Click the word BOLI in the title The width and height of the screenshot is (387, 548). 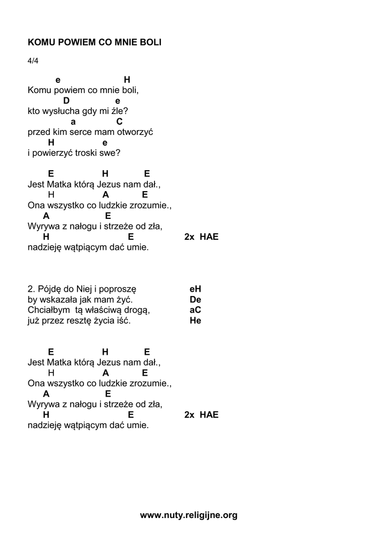pyautogui.click(x=150, y=42)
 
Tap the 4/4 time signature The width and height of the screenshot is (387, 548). pyautogui.click(x=33, y=60)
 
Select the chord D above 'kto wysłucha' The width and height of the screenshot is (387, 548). pyautogui.click(x=66, y=101)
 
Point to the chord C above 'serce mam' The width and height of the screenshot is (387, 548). pyautogui.click(x=120, y=121)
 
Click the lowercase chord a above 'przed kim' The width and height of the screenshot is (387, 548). pyautogui.click(x=73, y=121)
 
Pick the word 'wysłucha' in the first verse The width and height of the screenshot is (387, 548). pyautogui.click(x=61, y=111)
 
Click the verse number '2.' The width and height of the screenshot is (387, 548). pyautogui.click(x=32, y=289)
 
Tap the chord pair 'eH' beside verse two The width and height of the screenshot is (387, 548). pyautogui.click(x=195, y=289)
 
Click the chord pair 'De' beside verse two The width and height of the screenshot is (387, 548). pyautogui.click(x=195, y=300)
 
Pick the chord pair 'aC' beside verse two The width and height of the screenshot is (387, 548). pyautogui.click(x=195, y=310)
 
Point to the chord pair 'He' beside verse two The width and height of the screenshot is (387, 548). pyautogui.click(x=195, y=321)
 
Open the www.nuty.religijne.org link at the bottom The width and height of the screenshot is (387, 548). pyautogui.click(x=189, y=515)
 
